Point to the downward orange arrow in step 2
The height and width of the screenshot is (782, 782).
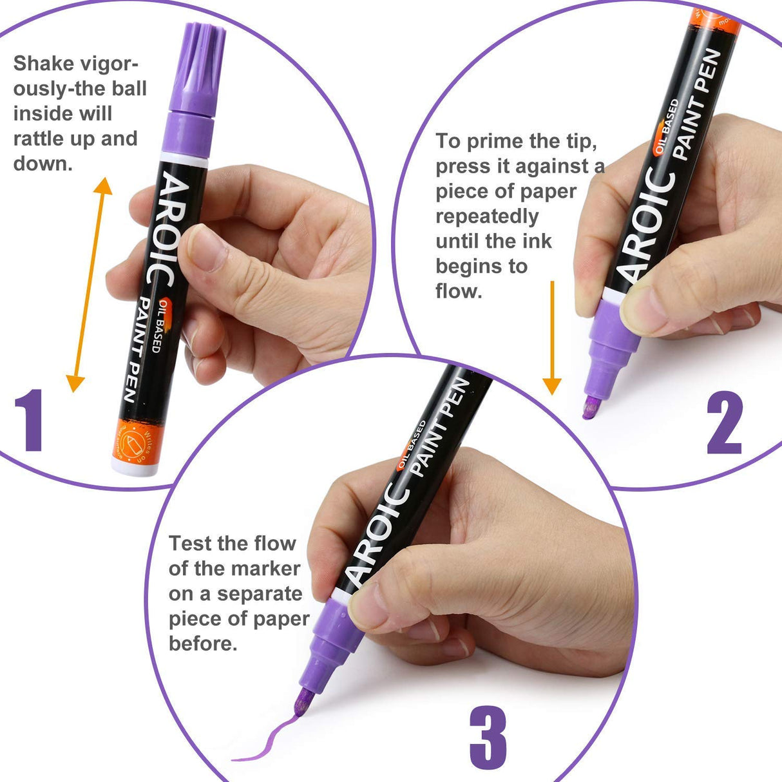[x=552, y=338]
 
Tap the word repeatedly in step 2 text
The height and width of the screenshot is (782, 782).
[x=487, y=216]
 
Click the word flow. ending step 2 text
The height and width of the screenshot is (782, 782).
[x=459, y=292]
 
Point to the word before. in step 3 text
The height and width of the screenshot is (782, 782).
[x=203, y=644]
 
